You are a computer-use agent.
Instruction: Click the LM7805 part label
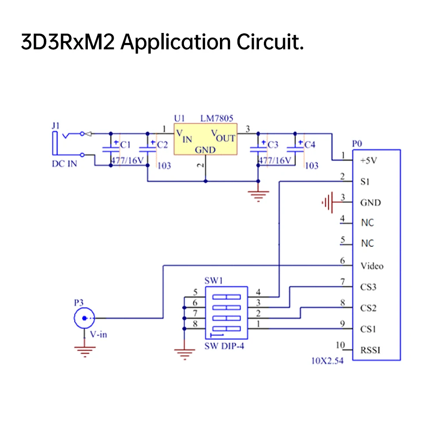click(x=217, y=119)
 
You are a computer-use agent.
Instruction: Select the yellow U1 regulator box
click(x=205, y=139)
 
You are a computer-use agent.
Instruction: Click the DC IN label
click(x=64, y=165)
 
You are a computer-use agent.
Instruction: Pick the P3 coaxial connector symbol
click(x=84, y=318)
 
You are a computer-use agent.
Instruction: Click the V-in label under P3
click(x=98, y=335)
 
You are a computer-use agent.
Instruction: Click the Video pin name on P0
click(x=372, y=266)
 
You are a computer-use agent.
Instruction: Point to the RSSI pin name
click(x=370, y=350)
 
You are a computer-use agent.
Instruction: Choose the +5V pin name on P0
click(x=369, y=161)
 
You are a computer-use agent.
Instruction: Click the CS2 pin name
click(x=368, y=308)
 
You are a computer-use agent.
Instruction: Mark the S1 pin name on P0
click(x=365, y=182)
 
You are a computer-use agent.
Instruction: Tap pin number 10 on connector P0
click(x=341, y=345)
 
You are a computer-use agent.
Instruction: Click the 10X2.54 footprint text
click(x=327, y=362)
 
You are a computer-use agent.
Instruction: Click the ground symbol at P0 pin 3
click(x=327, y=202)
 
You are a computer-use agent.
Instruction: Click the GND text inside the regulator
click(x=205, y=150)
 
